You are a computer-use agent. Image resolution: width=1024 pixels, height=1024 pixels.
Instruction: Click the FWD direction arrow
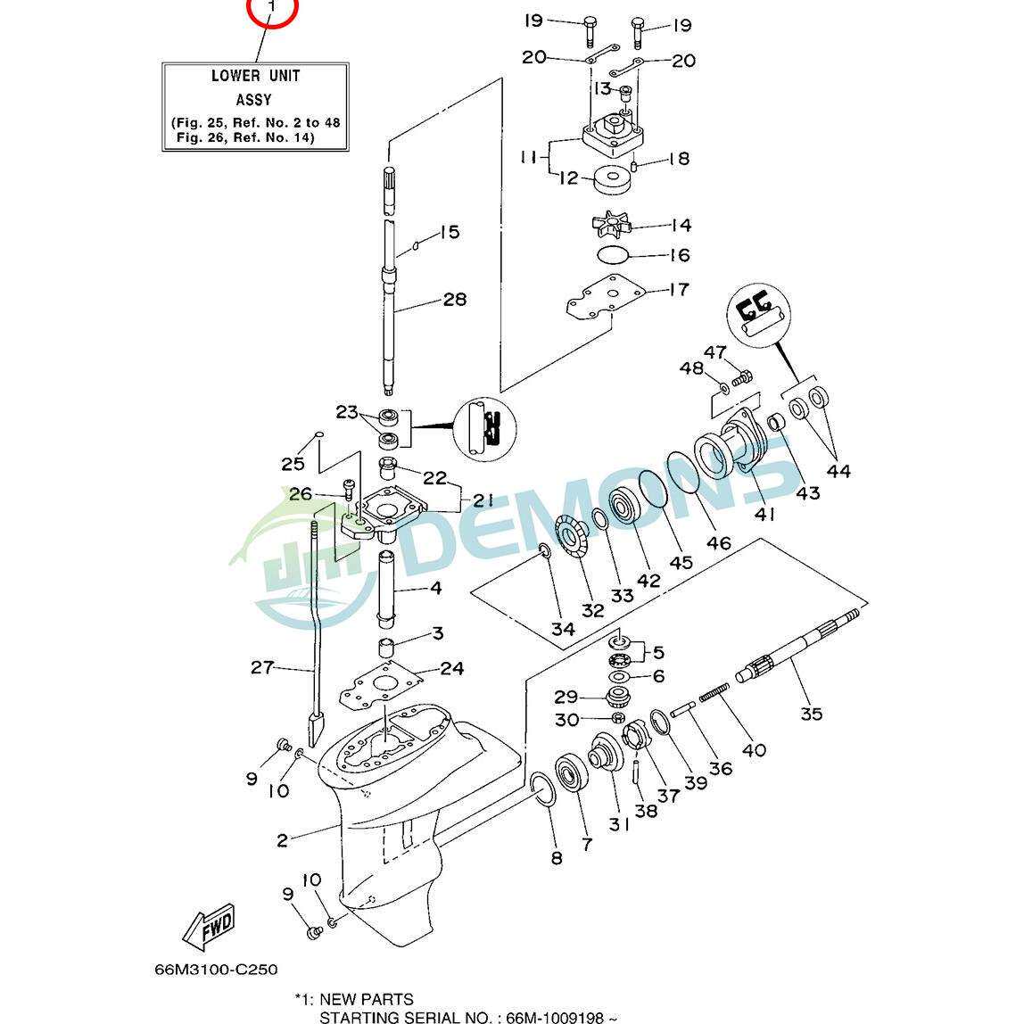pos(209,927)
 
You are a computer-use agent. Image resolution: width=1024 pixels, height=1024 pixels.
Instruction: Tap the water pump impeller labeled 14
pos(612,225)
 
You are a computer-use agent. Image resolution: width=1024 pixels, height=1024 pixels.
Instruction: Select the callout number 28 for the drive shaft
pos(455,299)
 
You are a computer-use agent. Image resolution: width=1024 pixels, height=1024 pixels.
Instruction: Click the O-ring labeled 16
pos(613,255)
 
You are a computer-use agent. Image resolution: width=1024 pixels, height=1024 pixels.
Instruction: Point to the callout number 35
pos(811,714)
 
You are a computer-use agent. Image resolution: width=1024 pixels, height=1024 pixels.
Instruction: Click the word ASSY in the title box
pos(254,100)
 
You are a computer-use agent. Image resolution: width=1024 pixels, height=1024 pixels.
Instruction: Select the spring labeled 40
pos(714,692)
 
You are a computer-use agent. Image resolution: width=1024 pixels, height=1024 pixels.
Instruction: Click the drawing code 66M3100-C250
pos(216,969)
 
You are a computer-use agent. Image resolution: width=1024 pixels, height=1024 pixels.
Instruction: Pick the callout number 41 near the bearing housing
pos(764,514)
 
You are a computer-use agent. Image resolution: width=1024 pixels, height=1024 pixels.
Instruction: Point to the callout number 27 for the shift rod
pos(262,667)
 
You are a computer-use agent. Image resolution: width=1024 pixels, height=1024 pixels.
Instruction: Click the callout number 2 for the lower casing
pos(282,840)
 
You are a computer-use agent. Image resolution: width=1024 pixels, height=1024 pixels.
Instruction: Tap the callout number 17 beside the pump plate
pos(679,289)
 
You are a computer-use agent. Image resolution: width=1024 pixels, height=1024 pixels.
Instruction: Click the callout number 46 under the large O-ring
pos(718,542)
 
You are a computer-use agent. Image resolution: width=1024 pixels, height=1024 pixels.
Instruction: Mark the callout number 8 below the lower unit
pos(557,857)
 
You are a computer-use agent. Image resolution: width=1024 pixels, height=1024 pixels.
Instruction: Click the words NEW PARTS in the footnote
pos(367,1000)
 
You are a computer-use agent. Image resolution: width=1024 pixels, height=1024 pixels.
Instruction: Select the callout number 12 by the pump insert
pos(568,178)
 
